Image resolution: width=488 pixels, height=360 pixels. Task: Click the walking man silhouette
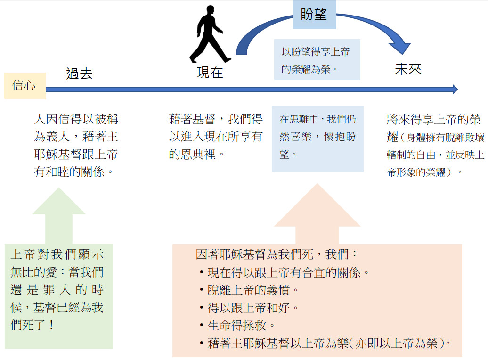(x=209, y=34)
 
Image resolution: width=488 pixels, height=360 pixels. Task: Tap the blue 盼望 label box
(x=314, y=15)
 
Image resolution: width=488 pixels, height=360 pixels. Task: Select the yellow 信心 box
(x=25, y=86)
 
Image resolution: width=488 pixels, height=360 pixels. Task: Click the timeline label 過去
(x=79, y=74)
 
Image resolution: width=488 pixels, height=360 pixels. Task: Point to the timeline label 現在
(x=210, y=73)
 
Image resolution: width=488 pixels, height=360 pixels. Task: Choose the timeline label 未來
(x=408, y=69)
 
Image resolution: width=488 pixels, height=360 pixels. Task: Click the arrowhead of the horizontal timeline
(x=455, y=90)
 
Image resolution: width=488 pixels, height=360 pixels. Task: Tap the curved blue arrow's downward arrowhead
(x=400, y=48)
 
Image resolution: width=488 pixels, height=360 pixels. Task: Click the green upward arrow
(x=59, y=215)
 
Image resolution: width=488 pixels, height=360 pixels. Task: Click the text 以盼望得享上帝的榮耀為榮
(x=316, y=60)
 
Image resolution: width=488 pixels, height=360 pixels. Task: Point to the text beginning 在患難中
(x=317, y=136)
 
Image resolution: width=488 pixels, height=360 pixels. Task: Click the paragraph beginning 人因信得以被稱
(x=76, y=145)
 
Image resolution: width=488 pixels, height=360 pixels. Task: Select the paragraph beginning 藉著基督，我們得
(x=216, y=136)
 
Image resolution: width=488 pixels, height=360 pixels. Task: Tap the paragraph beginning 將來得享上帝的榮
(x=435, y=145)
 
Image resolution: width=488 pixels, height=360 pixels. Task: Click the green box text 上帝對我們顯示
(x=57, y=290)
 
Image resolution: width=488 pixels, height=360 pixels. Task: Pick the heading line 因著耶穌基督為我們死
(x=277, y=254)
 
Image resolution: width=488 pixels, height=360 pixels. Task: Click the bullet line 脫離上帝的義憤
(x=250, y=290)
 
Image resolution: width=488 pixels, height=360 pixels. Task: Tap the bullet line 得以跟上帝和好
(x=250, y=308)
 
